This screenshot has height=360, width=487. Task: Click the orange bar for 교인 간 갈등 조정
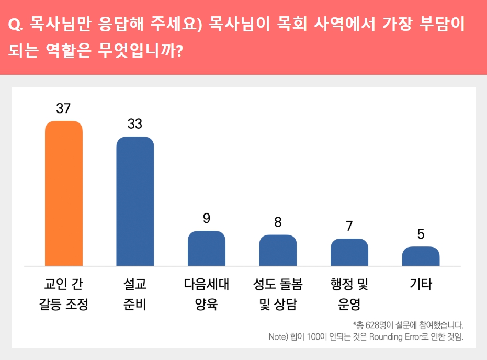[x=64, y=193]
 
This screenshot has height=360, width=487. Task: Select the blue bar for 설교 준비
[x=135, y=201]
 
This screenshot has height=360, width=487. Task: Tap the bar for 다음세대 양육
[x=207, y=248]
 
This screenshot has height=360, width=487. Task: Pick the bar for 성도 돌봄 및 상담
[x=278, y=250]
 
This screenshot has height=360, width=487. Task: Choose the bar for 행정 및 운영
[x=349, y=252]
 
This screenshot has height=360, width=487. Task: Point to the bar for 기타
[x=421, y=256]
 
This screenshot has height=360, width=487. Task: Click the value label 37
[x=64, y=108]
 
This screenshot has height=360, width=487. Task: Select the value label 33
[x=135, y=124]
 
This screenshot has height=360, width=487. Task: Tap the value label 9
[x=207, y=218]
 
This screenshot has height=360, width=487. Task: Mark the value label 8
[x=278, y=222]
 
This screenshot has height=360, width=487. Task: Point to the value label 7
[x=349, y=226]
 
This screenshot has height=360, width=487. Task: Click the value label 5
[x=421, y=234]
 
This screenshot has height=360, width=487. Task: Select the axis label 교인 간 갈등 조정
[x=64, y=295]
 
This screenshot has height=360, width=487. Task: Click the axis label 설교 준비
[x=135, y=295]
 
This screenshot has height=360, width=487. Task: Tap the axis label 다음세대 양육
[x=207, y=295]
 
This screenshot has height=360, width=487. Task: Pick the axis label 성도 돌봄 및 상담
[x=278, y=295]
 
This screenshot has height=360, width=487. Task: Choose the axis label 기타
[x=421, y=285]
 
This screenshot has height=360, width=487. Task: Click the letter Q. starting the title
[x=15, y=25]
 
